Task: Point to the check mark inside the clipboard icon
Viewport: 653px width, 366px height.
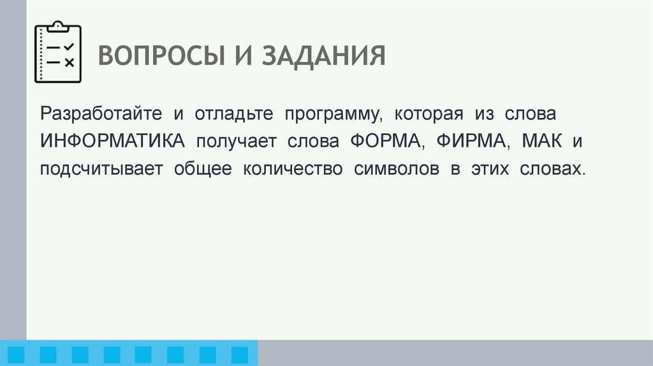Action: (x=70, y=47)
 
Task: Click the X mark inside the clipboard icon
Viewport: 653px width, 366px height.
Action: (x=70, y=62)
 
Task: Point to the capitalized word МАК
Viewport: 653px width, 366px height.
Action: (x=541, y=142)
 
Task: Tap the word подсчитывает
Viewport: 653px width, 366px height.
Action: (x=102, y=170)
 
